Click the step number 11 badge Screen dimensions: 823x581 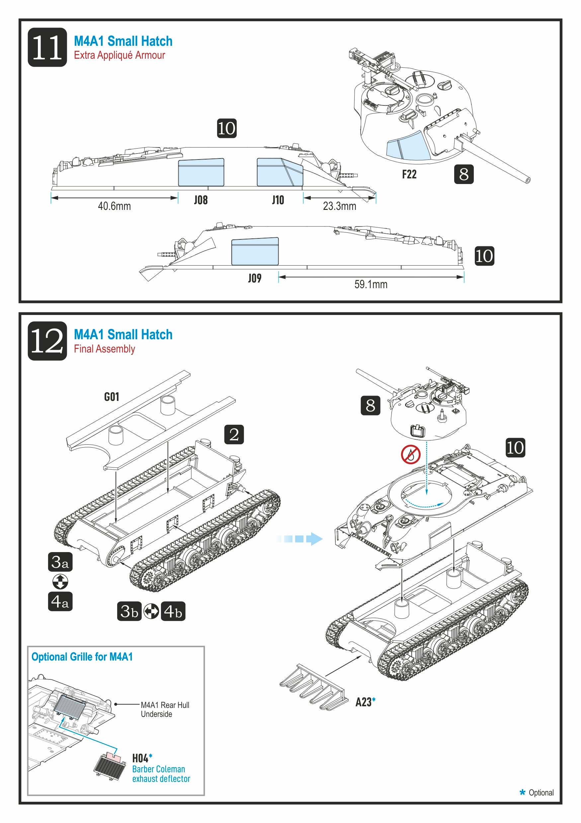click(47, 47)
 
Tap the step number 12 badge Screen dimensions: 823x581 click(47, 341)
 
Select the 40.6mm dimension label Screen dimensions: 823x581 click(114, 206)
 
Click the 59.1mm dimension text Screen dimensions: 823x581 click(371, 284)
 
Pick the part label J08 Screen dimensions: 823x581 click(201, 200)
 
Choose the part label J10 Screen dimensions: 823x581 click(278, 200)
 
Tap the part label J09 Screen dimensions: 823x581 click(255, 278)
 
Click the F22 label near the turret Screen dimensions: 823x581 click(409, 174)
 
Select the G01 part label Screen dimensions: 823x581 click(111, 397)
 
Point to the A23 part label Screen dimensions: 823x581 click(364, 702)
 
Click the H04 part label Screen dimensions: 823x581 click(140, 758)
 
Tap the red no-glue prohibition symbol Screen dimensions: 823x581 click(411, 455)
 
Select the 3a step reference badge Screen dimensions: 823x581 click(60, 562)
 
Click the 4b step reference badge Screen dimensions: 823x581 click(173, 611)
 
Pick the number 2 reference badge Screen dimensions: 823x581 click(234, 434)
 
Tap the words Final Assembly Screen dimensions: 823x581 click(105, 349)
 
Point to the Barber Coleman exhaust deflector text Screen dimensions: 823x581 click(161, 774)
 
